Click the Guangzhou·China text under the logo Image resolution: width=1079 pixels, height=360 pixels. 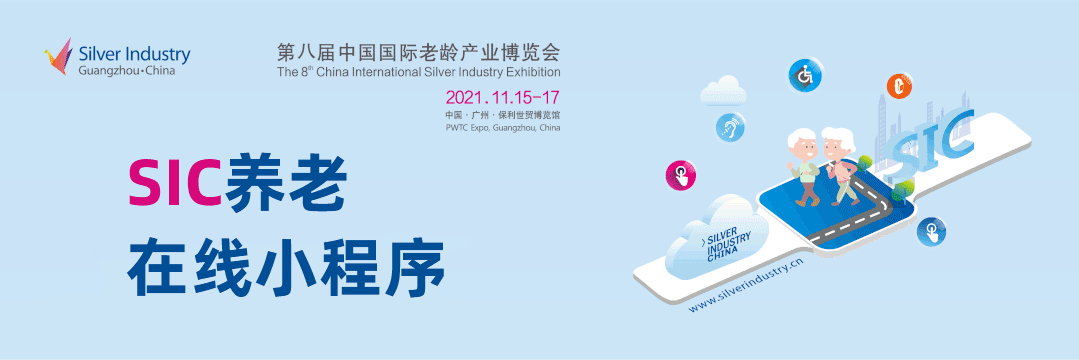coord(127,71)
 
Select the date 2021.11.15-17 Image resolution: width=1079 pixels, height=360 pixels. coord(502,95)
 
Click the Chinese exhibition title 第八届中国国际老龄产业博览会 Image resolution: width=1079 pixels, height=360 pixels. coord(418,52)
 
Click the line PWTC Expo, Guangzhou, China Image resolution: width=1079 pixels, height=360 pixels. coord(502,128)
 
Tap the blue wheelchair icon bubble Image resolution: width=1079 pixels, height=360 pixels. coord(803,75)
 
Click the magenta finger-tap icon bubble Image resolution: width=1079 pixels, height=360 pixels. coord(681,175)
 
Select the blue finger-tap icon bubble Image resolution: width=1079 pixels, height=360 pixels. coord(931,231)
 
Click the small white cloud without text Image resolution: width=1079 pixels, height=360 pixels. coord(723,90)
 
